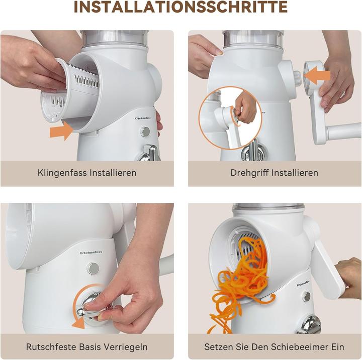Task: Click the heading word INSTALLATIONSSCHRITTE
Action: pyautogui.click(x=180, y=7)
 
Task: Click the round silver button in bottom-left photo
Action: pyautogui.click(x=93, y=268)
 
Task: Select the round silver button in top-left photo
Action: pyautogui.click(x=145, y=132)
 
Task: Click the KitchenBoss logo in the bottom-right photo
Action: pyautogui.click(x=304, y=284)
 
